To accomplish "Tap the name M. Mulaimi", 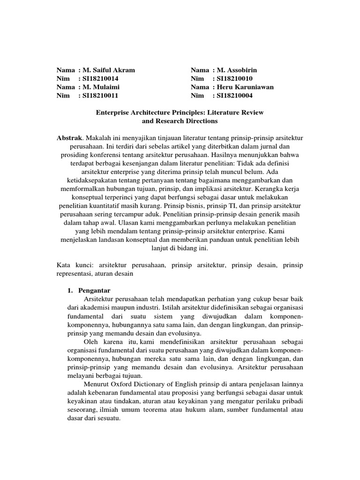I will pos(103,87).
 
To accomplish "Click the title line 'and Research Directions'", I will pos(180,121).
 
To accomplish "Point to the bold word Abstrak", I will pos(69,139).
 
